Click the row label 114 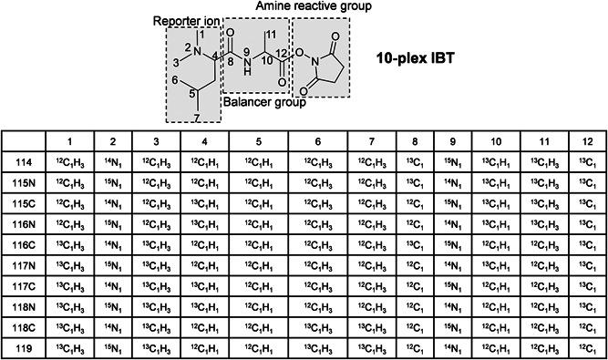(x=26, y=161)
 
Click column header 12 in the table (x=584, y=141)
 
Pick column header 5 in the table (x=258, y=141)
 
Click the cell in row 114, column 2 (x=111, y=161)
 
